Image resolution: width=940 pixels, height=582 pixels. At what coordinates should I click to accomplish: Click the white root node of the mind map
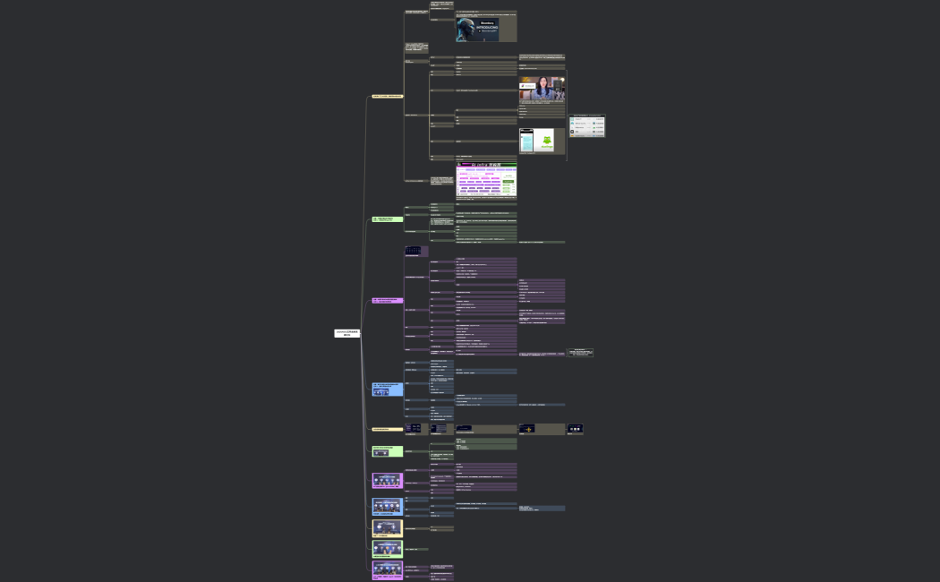click(347, 333)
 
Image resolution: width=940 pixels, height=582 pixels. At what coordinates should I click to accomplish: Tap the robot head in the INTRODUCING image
click(465, 30)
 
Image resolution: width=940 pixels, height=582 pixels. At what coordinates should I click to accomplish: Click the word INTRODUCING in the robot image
click(488, 27)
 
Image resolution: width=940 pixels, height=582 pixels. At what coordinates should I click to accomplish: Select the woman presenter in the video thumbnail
click(543, 89)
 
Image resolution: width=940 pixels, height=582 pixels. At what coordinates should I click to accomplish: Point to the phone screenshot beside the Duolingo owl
click(526, 141)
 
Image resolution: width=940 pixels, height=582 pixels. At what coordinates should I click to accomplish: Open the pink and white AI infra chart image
click(486, 180)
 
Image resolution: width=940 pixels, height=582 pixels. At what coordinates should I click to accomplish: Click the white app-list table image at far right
click(587, 125)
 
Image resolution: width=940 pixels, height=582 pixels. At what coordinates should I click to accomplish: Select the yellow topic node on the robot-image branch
click(388, 96)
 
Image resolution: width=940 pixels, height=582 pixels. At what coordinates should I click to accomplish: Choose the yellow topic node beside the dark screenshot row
click(388, 429)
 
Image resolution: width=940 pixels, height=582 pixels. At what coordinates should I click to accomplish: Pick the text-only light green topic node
click(388, 218)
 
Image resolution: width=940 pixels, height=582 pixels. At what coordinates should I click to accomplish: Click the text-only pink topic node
click(388, 300)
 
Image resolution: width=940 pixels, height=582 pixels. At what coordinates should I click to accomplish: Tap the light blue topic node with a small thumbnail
click(388, 389)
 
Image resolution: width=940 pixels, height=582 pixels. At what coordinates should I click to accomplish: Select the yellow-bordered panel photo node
click(388, 528)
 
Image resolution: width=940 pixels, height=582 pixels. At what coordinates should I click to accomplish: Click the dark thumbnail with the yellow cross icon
click(527, 429)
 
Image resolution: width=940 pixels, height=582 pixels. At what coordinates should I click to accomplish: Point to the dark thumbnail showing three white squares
click(575, 429)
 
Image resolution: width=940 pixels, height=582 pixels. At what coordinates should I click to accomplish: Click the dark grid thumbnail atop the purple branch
click(413, 251)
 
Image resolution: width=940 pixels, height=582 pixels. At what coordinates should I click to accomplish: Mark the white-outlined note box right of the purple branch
click(580, 353)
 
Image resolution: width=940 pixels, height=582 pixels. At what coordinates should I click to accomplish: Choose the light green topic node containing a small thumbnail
click(388, 451)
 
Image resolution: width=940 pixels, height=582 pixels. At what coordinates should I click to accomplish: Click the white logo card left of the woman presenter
click(528, 86)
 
